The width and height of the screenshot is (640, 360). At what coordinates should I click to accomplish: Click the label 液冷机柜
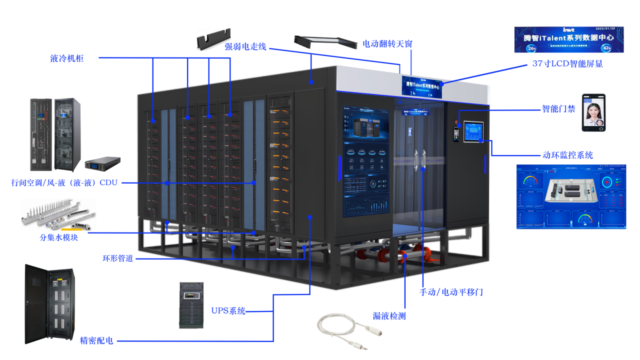point(67,58)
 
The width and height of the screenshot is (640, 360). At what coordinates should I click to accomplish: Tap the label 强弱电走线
point(245,47)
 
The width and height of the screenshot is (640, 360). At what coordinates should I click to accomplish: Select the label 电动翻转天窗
point(387,44)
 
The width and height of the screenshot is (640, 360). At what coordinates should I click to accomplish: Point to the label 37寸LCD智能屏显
point(567,64)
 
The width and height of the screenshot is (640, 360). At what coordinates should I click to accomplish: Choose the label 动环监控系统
point(568,155)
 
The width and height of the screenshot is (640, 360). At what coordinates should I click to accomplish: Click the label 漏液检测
point(389,316)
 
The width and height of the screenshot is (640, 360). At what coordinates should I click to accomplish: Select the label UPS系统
point(228,311)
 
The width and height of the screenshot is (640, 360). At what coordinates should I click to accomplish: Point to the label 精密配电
point(96,341)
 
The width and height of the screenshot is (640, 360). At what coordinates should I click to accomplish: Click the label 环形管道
point(118,259)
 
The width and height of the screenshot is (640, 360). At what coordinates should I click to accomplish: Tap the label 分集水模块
point(59,237)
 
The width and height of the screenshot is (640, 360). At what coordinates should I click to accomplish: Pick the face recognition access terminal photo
point(593,112)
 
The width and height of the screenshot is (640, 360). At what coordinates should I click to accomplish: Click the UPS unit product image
point(191,305)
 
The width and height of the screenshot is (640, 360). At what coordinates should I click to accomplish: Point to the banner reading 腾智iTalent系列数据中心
point(569,39)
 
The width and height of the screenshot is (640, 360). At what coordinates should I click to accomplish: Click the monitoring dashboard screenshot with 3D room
point(571,196)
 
